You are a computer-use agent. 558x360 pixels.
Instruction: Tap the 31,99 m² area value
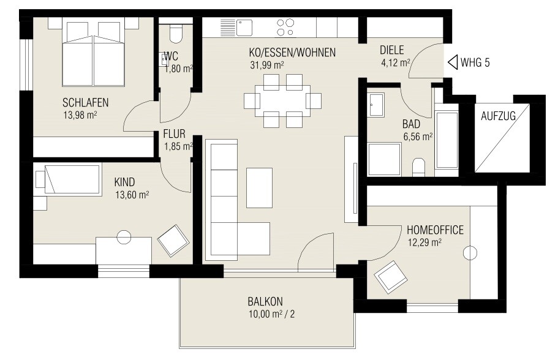coord(266,64)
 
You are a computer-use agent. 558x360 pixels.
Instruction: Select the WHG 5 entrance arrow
coord(453,62)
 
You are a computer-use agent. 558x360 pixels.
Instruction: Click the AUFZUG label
coord(498,115)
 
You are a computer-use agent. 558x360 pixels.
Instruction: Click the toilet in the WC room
coord(175,34)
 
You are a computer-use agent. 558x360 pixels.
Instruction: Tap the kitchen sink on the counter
coord(244,27)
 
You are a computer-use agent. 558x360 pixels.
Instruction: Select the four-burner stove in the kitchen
coord(285,27)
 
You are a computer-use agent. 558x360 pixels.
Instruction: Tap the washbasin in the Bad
coord(375,105)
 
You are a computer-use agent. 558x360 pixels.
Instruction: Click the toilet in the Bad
coord(419,167)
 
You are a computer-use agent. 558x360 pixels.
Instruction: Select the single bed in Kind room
coord(68,179)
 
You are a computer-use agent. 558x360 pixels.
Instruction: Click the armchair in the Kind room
coord(173,241)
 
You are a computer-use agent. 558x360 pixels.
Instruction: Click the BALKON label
coord(265,301)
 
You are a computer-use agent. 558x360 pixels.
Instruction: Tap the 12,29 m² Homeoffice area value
coord(424,242)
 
